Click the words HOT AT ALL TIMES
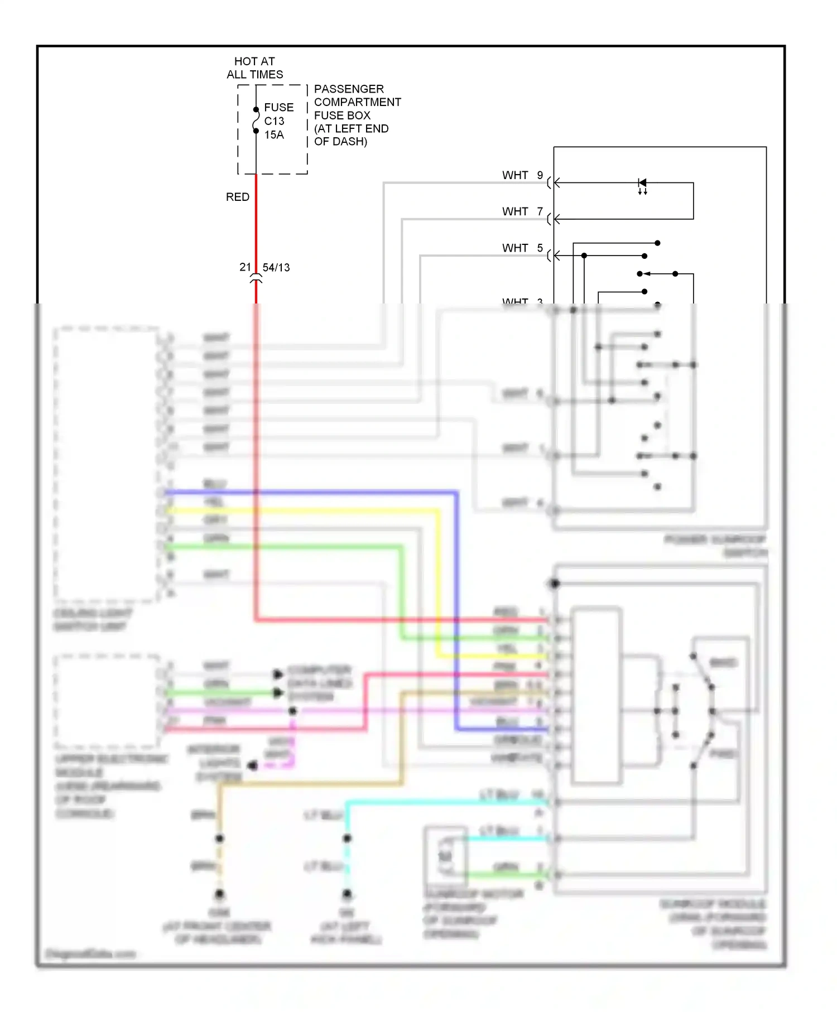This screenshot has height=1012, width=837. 254,68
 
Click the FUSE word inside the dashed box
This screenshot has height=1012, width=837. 278,107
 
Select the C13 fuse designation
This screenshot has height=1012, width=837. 274,121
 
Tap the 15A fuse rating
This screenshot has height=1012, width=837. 274,135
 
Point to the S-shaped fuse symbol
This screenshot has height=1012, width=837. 256,120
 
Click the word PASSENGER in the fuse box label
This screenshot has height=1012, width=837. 349,89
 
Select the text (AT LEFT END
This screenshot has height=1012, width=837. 351,129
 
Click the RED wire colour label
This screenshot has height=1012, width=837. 237,197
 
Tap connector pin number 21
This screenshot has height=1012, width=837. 245,267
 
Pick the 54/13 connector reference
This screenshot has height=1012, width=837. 276,268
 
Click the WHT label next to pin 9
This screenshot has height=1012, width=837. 514,175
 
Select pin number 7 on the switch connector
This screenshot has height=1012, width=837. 540,211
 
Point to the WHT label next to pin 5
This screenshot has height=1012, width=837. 514,248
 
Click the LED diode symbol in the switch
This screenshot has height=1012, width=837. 642,183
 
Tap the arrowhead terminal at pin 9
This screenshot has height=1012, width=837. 556,182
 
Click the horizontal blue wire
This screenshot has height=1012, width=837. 312,493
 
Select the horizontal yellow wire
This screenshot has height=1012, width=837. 301,510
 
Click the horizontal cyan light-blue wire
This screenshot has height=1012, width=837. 446,803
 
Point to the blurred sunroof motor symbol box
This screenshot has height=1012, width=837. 445,854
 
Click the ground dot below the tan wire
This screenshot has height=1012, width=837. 220,894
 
